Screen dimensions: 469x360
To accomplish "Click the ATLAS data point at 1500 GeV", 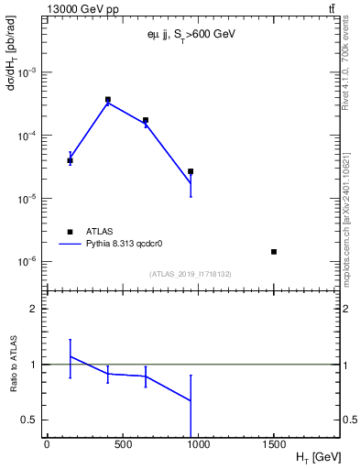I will pos(274,252).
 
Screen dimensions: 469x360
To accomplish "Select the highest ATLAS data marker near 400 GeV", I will pos(108,99).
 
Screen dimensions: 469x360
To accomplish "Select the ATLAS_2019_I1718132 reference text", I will pos(191,274).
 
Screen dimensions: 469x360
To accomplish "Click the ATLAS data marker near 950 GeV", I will pos(191,171).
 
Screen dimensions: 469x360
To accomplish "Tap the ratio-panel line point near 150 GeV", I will pos(70,356).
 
